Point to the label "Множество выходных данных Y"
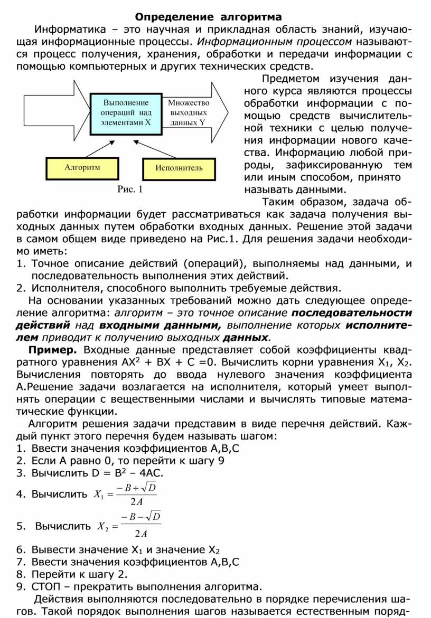(x=188, y=112)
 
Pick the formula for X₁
(x=125, y=495)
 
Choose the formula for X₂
(x=129, y=526)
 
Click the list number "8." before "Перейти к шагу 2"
(x=21, y=574)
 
